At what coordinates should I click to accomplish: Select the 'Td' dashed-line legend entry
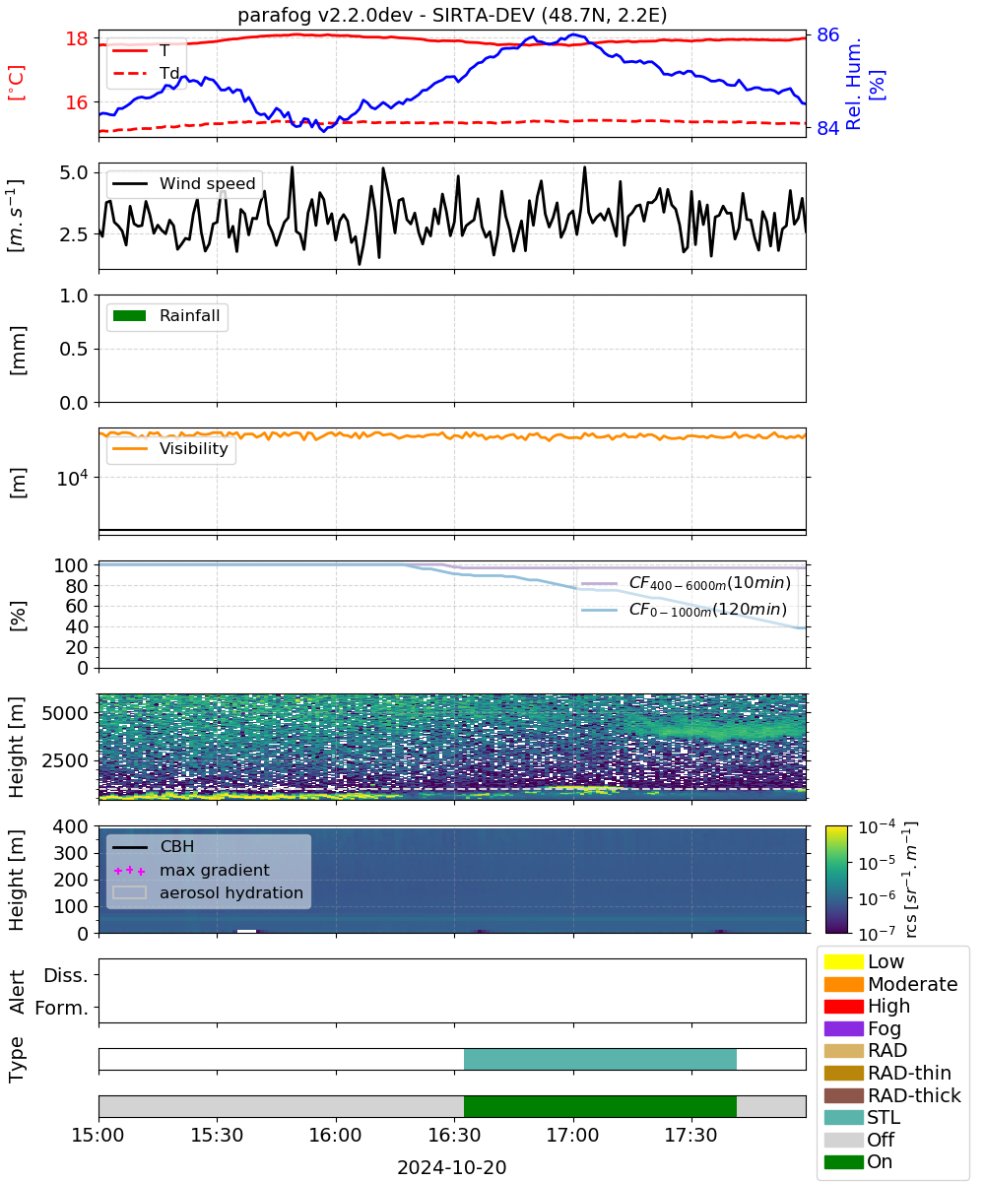(146, 73)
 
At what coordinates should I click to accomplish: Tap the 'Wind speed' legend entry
(184, 183)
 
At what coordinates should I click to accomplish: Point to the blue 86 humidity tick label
(827, 35)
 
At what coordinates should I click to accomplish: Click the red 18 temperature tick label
(77, 38)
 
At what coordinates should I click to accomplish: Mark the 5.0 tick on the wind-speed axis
(74, 172)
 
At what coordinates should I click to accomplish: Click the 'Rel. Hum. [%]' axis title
(864, 84)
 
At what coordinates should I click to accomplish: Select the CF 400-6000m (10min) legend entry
(686, 583)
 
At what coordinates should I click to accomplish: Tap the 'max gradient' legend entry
(191, 870)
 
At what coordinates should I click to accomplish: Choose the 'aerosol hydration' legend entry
(208, 892)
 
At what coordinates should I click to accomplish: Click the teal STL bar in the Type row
(600, 1059)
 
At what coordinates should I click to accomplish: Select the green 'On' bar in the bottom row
(600, 1106)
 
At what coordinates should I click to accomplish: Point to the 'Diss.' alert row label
(66, 975)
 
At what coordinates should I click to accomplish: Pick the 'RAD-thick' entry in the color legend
(892, 1095)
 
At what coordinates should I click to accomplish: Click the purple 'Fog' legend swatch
(843, 1028)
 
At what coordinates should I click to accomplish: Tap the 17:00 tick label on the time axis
(572, 1135)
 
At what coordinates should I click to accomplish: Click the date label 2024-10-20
(452, 1167)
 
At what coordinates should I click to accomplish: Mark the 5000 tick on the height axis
(65, 713)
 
